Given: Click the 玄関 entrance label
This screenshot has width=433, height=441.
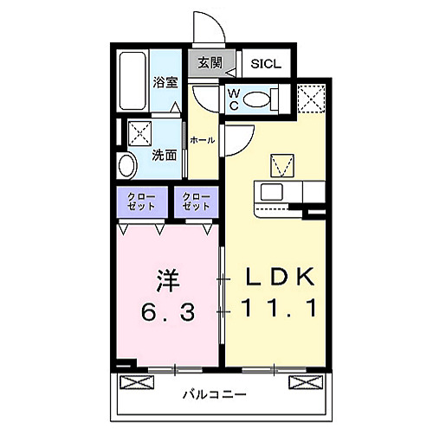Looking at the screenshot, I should click(x=210, y=62).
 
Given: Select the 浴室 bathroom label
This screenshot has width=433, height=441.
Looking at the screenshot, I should click(x=165, y=82).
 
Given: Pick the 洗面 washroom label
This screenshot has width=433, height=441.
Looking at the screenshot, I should click(x=165, y=155).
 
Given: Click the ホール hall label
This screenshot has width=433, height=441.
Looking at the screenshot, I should click(x=202, y=139).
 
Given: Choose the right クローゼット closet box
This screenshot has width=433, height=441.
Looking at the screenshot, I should click(x=197, y=205).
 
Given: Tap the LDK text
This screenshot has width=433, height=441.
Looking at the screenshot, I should click(x=275, y=278).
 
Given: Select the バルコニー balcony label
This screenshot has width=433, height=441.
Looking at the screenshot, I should click(x=215, y=395).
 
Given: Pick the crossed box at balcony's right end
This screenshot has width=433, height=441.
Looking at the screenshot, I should click(x=300, y=381).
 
